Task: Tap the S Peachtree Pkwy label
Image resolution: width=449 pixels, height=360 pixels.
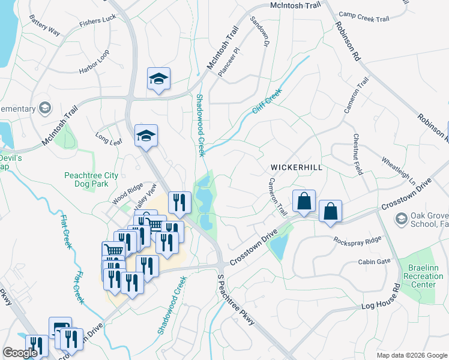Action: pyautogui.click(x=237, y=300)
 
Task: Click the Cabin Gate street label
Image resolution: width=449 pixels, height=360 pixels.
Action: pyautogui.click(x=374, y=262)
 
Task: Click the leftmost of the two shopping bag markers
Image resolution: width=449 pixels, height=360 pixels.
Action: pyautogui.click(x=304, y=201)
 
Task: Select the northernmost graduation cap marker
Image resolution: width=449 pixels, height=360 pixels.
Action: pyautogui.click(x=159, y=79)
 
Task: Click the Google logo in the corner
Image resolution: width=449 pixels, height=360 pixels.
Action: pyautogui.click(x=20, y=353)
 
